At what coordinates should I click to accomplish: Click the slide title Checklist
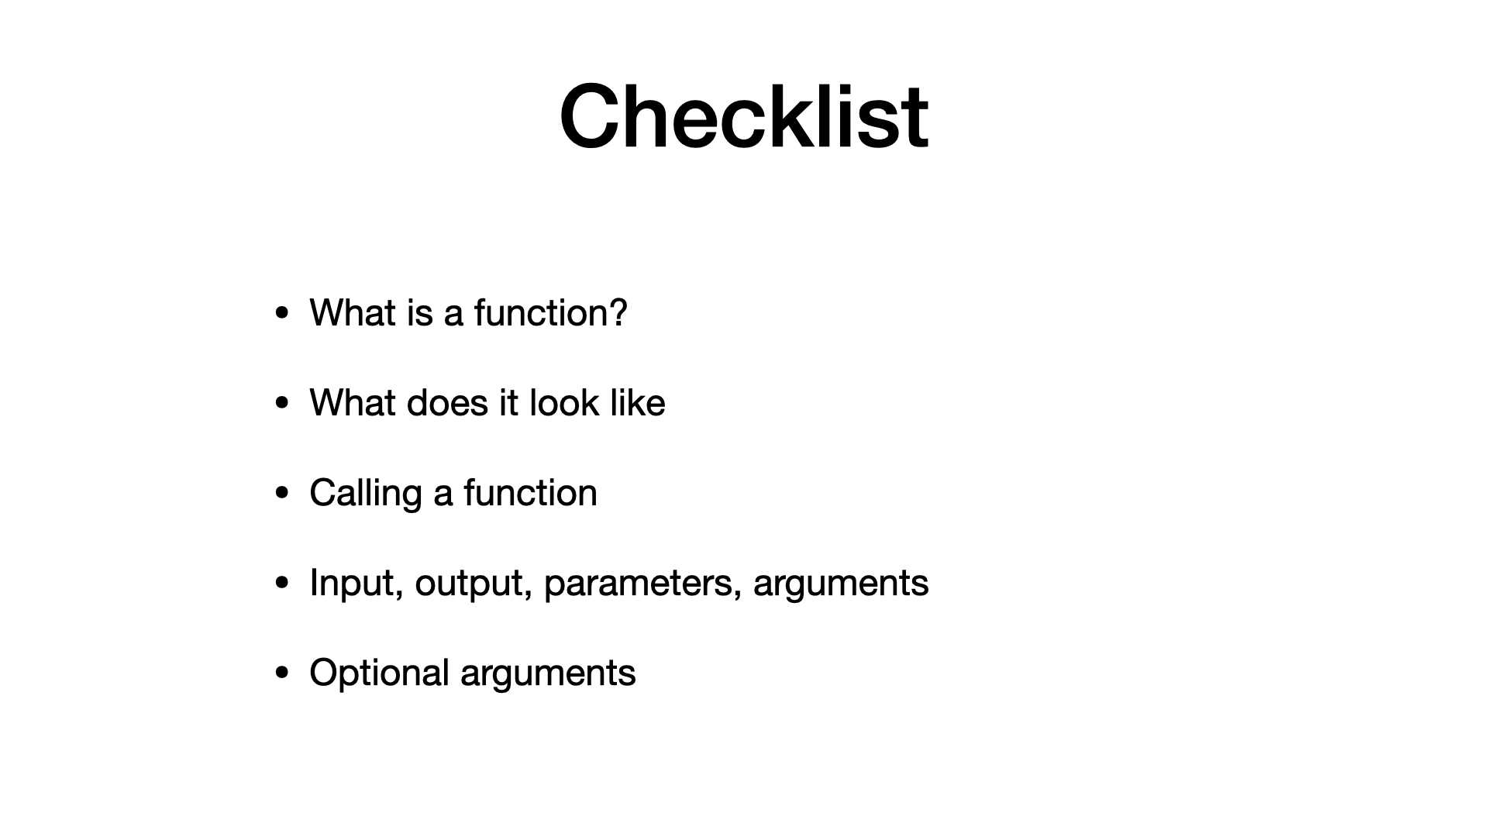(744, 116)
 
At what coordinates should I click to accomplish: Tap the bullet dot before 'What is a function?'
(282, 314)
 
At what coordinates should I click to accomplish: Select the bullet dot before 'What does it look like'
(282, 404)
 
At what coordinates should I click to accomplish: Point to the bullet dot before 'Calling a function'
(282, 494)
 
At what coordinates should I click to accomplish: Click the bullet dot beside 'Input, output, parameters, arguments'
(282, 584)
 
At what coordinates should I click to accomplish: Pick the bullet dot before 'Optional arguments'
(282, 673)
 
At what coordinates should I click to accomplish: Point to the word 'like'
(637, 402)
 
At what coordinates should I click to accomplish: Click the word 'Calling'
(365, 494)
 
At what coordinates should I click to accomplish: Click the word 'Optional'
(379, 673)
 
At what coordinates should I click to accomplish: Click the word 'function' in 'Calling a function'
(531, 492)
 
